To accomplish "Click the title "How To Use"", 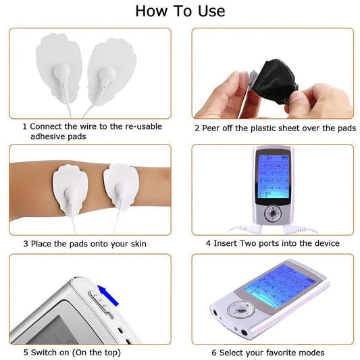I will (180, 11).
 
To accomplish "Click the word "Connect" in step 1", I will (49, 126).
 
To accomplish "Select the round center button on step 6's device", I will (237, 311).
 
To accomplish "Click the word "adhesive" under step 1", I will (49, 136).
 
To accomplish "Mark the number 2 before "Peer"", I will (197, 127).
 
